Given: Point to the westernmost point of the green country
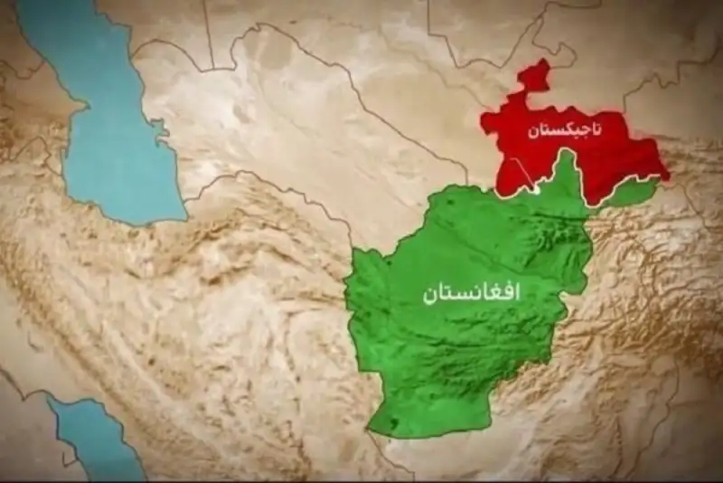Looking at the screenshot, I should click(348, 271).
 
